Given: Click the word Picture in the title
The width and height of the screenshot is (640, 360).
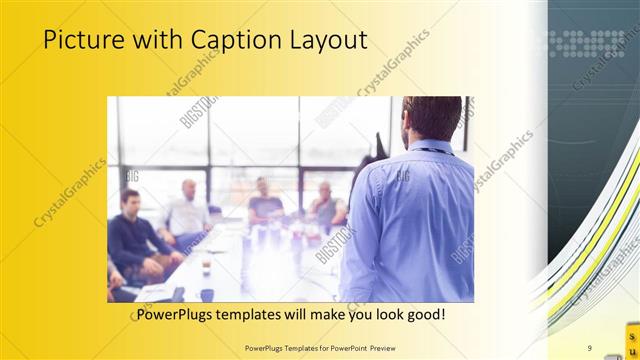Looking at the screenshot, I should point(83,40).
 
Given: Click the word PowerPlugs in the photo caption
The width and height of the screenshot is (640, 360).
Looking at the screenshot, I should point(172,314).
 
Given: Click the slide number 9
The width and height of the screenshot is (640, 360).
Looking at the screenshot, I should point(590,348).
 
